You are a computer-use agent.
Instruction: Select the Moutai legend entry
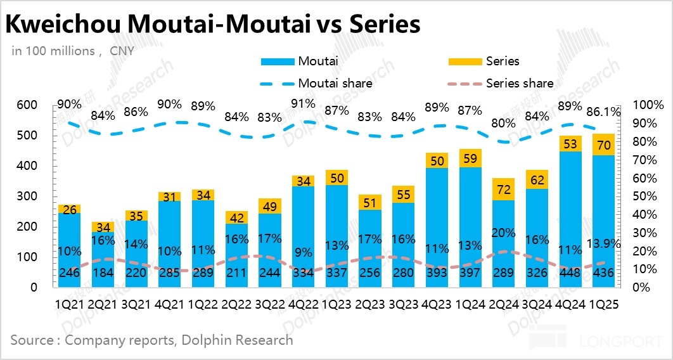coord(317,61)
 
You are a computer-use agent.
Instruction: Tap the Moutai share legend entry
coord(335,83)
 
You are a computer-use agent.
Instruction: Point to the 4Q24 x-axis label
coord(568,304)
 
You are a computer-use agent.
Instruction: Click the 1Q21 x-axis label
coord(69,304)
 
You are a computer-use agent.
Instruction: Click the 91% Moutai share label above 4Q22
coord(303,103)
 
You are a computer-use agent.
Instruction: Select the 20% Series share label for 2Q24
coord(503,233)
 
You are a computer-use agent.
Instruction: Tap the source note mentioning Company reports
coord(151,340)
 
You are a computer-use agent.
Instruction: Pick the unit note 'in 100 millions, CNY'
coord(73,51)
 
